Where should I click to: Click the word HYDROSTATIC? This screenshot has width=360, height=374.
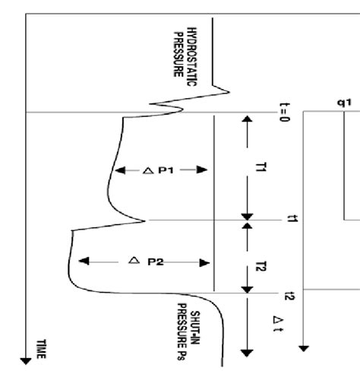click(x=192, y=57)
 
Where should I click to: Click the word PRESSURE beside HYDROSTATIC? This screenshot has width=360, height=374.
click(x=178, y=55)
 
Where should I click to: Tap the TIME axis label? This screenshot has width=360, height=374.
click(x=41, y=349)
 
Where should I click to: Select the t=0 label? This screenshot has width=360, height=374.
click(x=284, y=113)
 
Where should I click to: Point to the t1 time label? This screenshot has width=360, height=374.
click(x=292, y=219)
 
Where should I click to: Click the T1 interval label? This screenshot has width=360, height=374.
click(x=261, y=167)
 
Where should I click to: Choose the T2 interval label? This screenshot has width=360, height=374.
click(x=261, y=266)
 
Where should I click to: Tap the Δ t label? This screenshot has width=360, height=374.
click(x=278, y=323)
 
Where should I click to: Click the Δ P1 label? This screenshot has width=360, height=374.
click(x=159, y=170)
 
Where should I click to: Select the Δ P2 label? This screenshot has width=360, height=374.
click(x=146, y=261)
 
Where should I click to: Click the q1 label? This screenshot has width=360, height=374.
click(x=344, y=103)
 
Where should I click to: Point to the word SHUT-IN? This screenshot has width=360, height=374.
click(x=195, y=328)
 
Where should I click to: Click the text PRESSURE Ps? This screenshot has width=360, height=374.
click(x=182, y=331)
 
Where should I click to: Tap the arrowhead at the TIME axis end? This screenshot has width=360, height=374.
click(x=26, y=361)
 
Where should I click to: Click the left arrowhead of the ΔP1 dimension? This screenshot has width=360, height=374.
click(x=120, y=170)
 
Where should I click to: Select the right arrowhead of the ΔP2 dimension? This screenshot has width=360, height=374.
click(x=204, y=263)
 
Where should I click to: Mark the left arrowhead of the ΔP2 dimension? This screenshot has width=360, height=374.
click(x=84, y=261)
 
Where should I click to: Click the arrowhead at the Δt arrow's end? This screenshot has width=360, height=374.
click(x=247, y=353)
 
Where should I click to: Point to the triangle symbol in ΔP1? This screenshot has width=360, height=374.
click(x=148, y=170)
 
